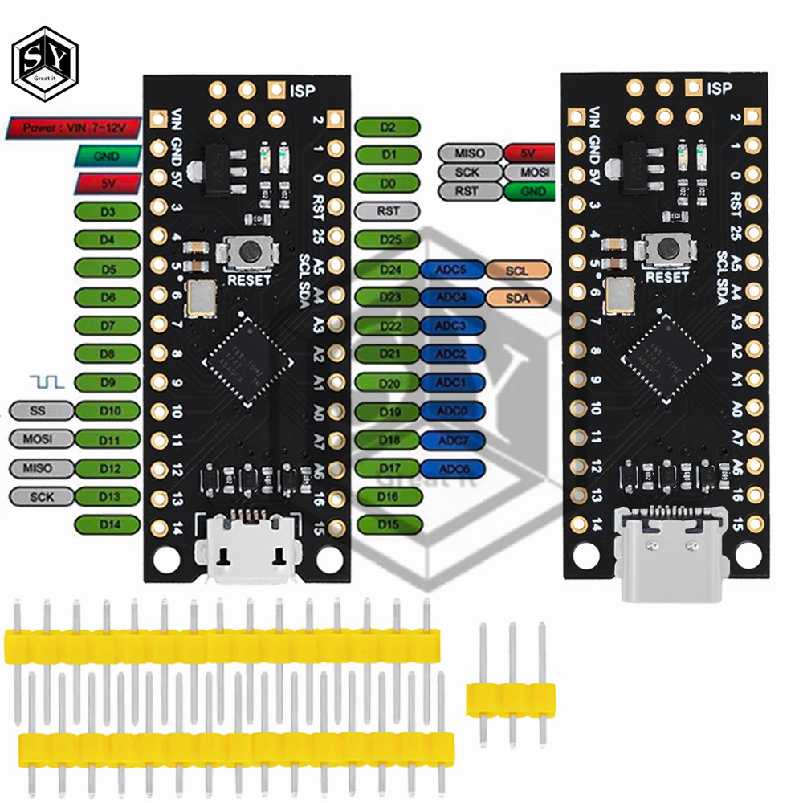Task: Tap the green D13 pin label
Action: click(x=108, y=496)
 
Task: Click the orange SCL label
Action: click(x=517, y=271)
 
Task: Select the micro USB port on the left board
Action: click(x=249, y=551)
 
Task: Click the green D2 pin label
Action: click(x=388, y=127)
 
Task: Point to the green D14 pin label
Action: click(x=108, y=524)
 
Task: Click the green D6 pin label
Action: click(x=108, y=296)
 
